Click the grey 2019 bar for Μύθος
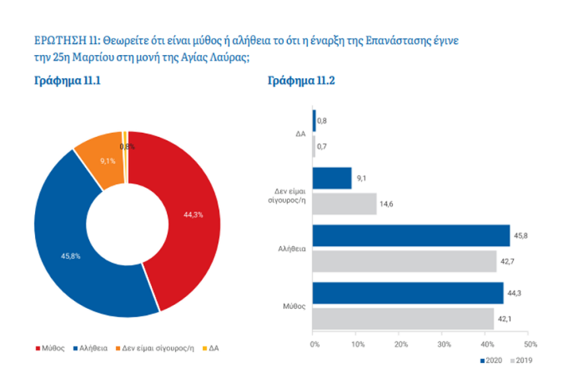tap(402, 318)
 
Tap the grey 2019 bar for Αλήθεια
tap(404, 261)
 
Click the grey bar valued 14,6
tap(344, 203)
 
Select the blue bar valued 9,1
tap(332, 179)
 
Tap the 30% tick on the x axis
tap(443, 344)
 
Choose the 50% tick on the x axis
tap(530, 344)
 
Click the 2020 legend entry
tap(493, 361)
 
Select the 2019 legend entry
tap(522, 361)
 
